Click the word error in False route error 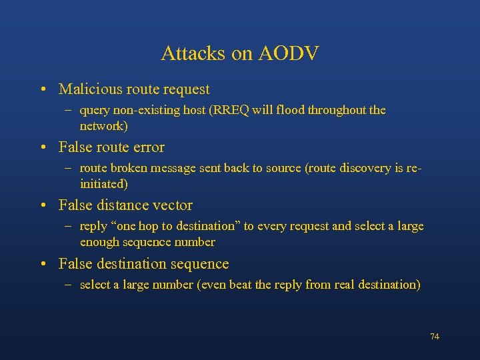point(147,147)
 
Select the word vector point(172,205)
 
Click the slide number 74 point(435,337)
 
